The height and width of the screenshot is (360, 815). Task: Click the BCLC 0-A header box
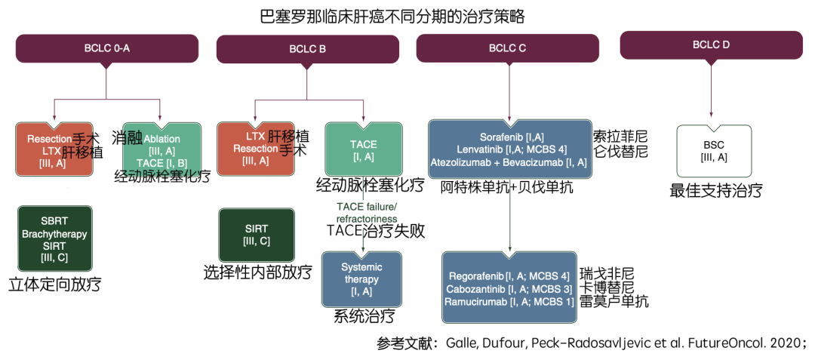106,49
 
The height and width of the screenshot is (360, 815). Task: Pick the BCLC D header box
711,45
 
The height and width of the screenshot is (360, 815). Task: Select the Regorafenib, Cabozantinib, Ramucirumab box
510,289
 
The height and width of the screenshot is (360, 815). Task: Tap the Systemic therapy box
361,279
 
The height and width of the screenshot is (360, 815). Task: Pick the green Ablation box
161,150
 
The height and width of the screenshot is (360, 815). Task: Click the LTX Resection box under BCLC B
255,149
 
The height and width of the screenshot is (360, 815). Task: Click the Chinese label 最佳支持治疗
715,190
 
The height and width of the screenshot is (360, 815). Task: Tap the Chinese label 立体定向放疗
54,285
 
